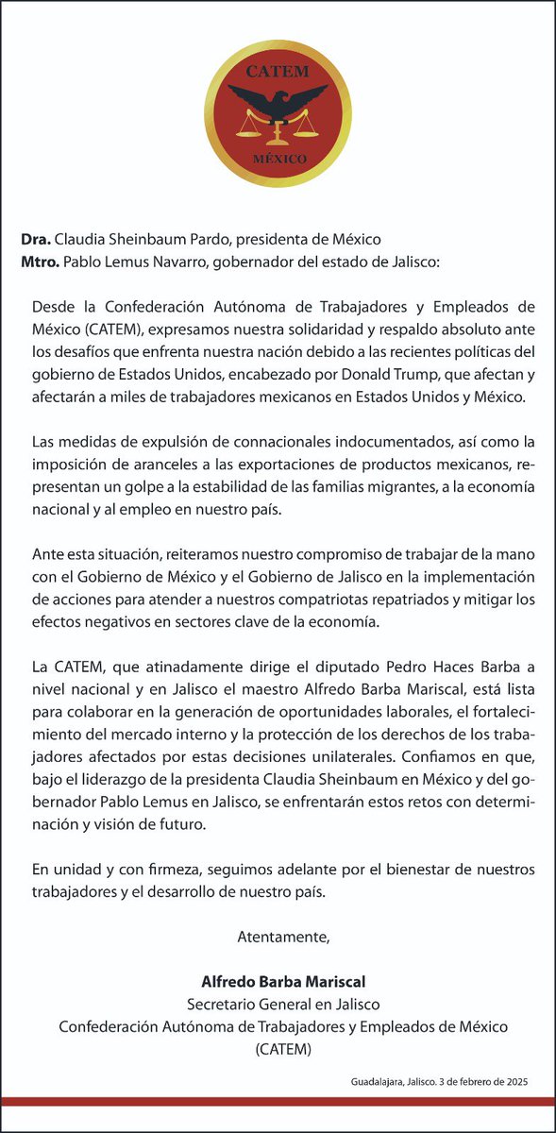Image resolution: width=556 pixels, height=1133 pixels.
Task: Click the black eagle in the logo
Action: (277, 102)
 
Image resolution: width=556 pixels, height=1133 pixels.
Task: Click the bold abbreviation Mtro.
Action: (42, 261)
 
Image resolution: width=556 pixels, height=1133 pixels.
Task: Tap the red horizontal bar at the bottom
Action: (278, 1101)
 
